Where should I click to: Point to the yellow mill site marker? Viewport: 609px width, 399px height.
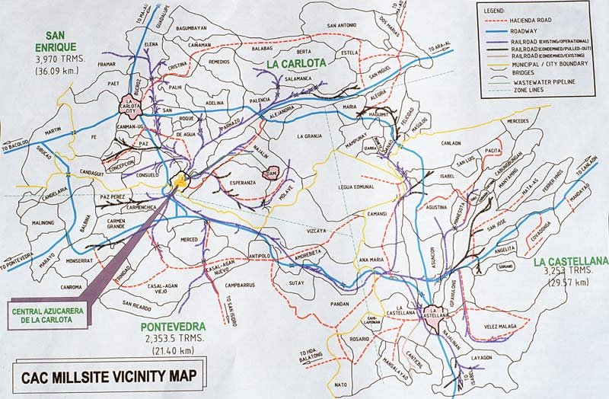[x=180, y=180]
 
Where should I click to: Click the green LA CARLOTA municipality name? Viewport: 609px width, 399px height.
[x=296, y=64]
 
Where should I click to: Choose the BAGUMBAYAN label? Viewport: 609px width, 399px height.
[x=191, y=29]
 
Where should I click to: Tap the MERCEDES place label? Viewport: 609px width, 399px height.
[x=517, y=122]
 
